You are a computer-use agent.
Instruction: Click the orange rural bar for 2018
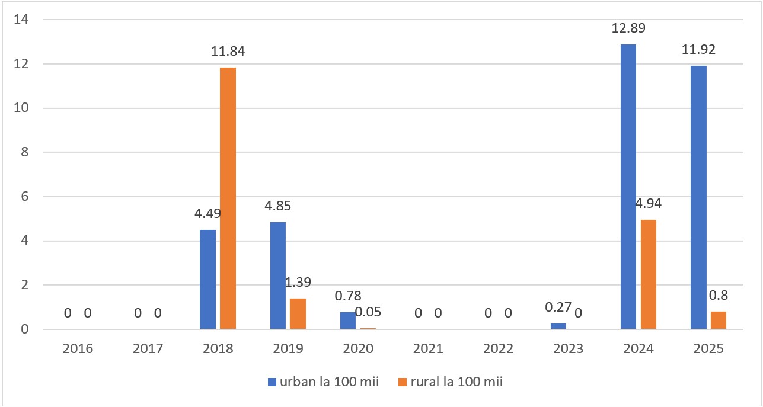[228, 198]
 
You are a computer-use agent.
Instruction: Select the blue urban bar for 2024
[628, 187]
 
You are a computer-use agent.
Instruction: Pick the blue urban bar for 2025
[698, 197]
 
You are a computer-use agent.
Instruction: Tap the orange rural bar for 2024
[649, 274]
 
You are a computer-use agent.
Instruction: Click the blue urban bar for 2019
[278, 275]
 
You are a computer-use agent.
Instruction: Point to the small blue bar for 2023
[558, 326]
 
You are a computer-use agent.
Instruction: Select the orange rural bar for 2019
[298, 314]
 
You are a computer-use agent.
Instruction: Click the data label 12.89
[628, 28]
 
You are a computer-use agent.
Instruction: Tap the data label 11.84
[228, 51]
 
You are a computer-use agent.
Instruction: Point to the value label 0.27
[558, 307]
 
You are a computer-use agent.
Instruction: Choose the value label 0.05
[368, 312]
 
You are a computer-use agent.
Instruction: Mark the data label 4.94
[649, 204]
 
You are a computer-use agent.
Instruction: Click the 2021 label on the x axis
[428, 348]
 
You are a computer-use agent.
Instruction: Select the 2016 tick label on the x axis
[78, 348]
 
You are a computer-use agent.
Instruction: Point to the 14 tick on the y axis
[21, 20]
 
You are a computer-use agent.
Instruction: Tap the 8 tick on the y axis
[24, 152]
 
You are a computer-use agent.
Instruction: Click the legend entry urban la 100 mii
[324, 382]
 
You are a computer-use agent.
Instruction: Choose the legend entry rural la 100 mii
[451, 382]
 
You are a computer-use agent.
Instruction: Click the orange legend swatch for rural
[403, 382]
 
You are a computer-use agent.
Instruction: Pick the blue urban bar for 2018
[207, 280]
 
